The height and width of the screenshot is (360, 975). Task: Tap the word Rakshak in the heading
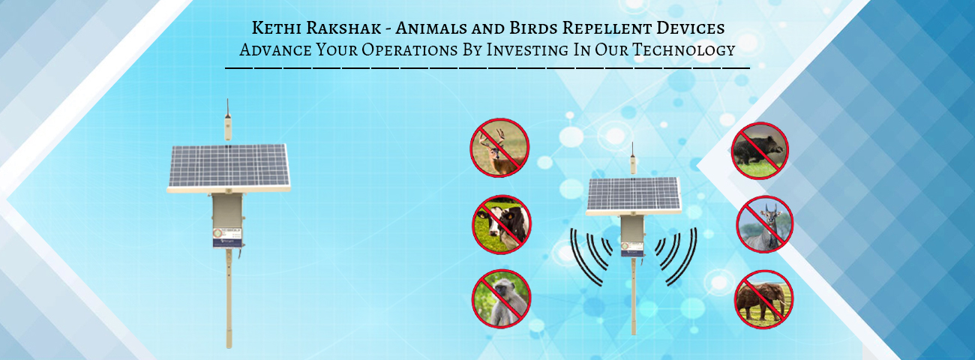pyautogui.click(x=343, y=28)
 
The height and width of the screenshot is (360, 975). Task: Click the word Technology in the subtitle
pyautogui.click(x=683, y=49)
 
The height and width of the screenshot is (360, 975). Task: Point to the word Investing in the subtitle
pyautogui.click(x=526, y=49)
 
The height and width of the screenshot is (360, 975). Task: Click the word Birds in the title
pyautogui.click(x=534, y=28)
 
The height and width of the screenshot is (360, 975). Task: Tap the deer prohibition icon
pyautogui.click(x=499, y=148)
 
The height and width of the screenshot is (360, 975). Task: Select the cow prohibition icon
pyautogui.click(x=502, y=224)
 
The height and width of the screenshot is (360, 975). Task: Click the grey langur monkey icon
pyautogui.click(x=502, y=298)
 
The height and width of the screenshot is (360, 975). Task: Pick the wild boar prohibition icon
pyautogui.click(x=760, y=151)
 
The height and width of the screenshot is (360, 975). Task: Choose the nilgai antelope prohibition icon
pyautogui.click(x=765, y=224)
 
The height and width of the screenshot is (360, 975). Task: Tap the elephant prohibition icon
pyautogui.click(x=764, y=299)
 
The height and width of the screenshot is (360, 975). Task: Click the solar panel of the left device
pyautogui.click(x=229, y=167)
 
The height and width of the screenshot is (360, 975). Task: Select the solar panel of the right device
pyautogui.click(x=634, y=196)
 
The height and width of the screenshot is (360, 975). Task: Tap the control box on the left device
pyautogui.click(x=227, y=220)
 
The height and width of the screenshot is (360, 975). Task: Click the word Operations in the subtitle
pyautogui.click(x=409, y=49)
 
